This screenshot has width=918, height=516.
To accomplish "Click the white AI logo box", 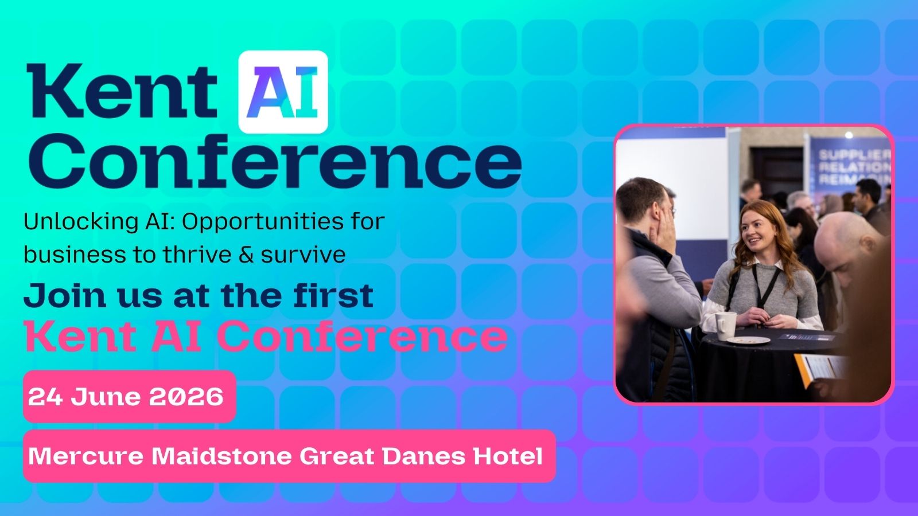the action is click(x=283, y=92).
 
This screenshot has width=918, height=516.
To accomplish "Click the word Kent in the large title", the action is click(x=122, y=91).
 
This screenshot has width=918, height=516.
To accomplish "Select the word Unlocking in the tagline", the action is click(x=80, y=221).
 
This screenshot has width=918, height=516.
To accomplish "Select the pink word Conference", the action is click(x=364, y=336).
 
